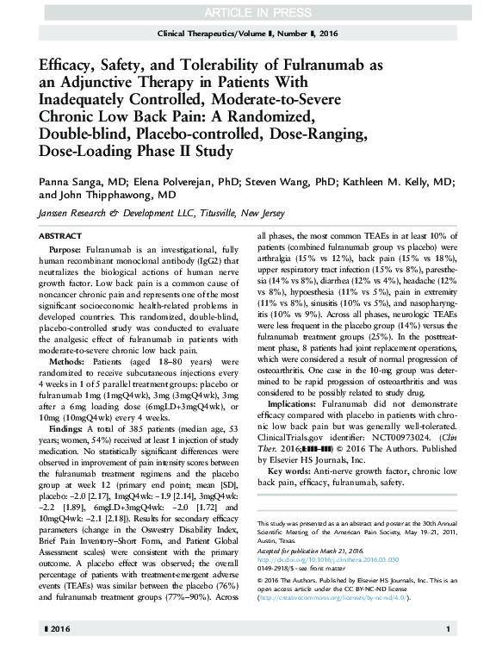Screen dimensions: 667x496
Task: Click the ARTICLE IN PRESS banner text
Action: click(247, 11)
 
